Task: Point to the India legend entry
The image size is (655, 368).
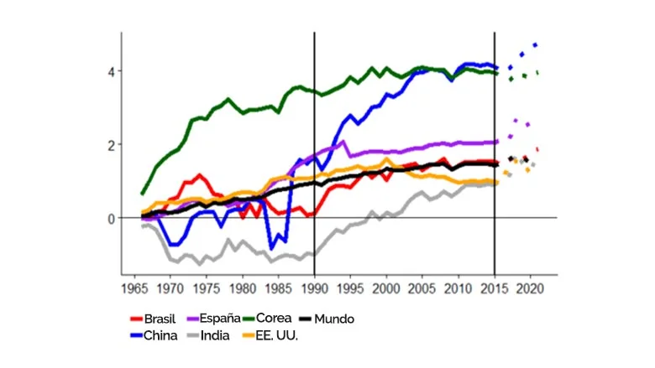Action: click(224, 336)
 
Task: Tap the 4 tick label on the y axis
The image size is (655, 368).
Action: click(110, 71)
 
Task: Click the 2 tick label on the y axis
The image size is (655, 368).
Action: click(110, 145)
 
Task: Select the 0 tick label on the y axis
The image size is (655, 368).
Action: click(110, 218)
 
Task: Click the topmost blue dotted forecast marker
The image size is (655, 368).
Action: click(535, 45)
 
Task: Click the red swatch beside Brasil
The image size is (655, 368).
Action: click(136, 319)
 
